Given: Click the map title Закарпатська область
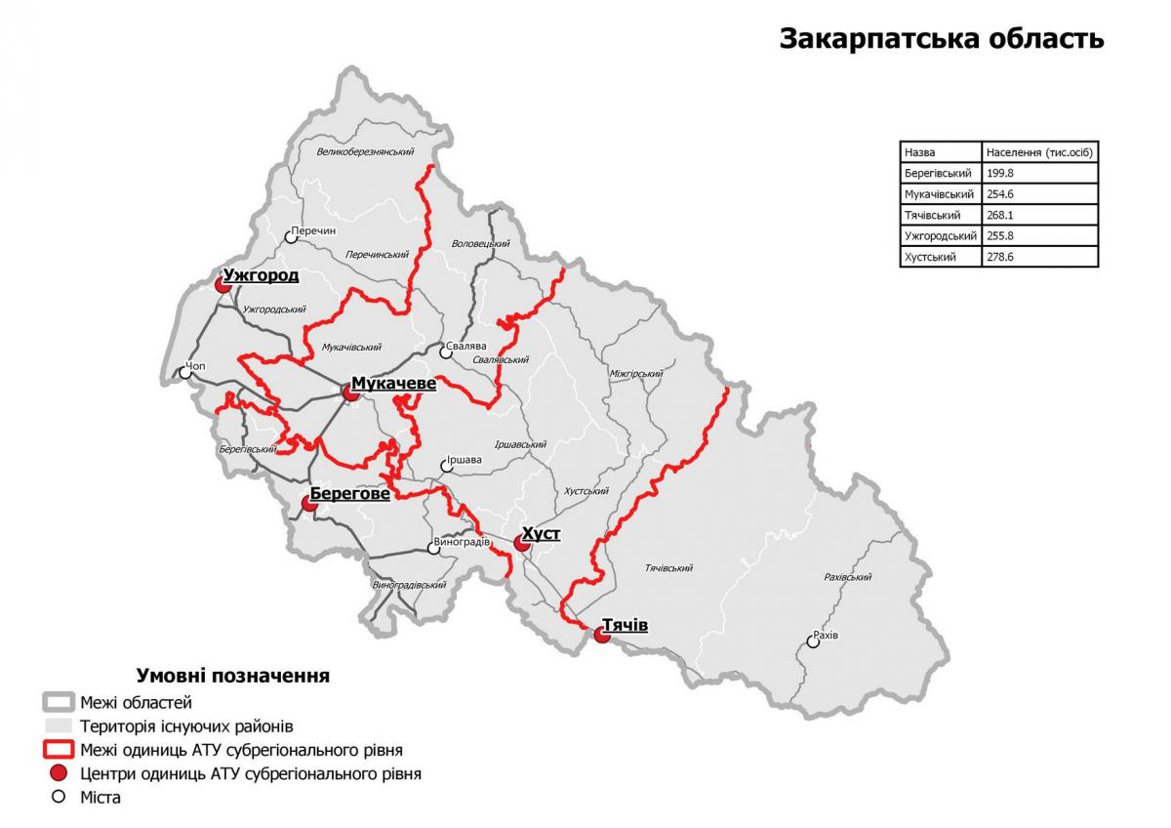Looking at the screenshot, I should point(941,39).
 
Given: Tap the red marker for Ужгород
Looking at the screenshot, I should point(221,284).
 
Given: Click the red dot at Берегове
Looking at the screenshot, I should point(308,504).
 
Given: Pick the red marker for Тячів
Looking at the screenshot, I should point(601,635).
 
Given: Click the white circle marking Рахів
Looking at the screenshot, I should point(813,642).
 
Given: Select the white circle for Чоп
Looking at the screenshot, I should point(185,372).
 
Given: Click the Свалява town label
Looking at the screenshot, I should point(463,346).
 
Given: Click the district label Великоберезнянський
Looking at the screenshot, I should point(366,152).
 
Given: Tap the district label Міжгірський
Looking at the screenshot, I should point(635,373).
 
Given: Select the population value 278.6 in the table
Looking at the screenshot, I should point(1001,257).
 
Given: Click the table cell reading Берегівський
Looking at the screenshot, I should point(938,173).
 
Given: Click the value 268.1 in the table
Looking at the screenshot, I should point(1001,215).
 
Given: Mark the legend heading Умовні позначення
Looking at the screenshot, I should point(232,676).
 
